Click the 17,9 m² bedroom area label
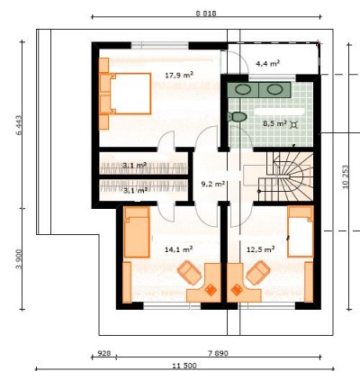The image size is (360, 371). click(x=179, y=75)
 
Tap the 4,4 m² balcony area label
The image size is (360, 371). click(x=267, y=63)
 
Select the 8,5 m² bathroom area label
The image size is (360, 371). click(x=274, y=123)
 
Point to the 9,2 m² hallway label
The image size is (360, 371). click(x=212, y=184)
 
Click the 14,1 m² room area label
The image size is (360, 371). click(x=179, y=249)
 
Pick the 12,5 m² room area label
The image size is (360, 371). click(x=260, y=249)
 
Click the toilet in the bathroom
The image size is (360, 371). click(x=237, y=117)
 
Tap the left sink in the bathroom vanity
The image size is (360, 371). click(x=243, y=89)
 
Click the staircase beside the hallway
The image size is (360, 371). click(x=284, y=176)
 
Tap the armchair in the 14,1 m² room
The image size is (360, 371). click(x=189, y=273)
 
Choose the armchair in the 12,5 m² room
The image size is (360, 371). click(x=258, y=273)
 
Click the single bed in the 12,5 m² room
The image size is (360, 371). click(x=301, y=231)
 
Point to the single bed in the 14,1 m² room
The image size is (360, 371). click(x=137, y=232)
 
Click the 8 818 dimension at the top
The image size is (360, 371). click(x=206, y=14)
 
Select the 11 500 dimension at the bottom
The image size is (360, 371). click(x=184, y=366)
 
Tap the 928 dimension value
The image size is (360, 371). click(x=104, y=353)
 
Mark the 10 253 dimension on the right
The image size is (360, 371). click(x=346, y=176)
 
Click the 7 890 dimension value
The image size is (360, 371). click(x=218, y=353)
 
